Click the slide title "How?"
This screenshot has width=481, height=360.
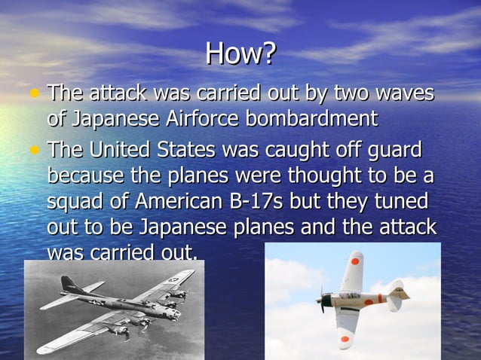(x=241, y=54)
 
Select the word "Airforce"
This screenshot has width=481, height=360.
(x=203, y=119)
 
